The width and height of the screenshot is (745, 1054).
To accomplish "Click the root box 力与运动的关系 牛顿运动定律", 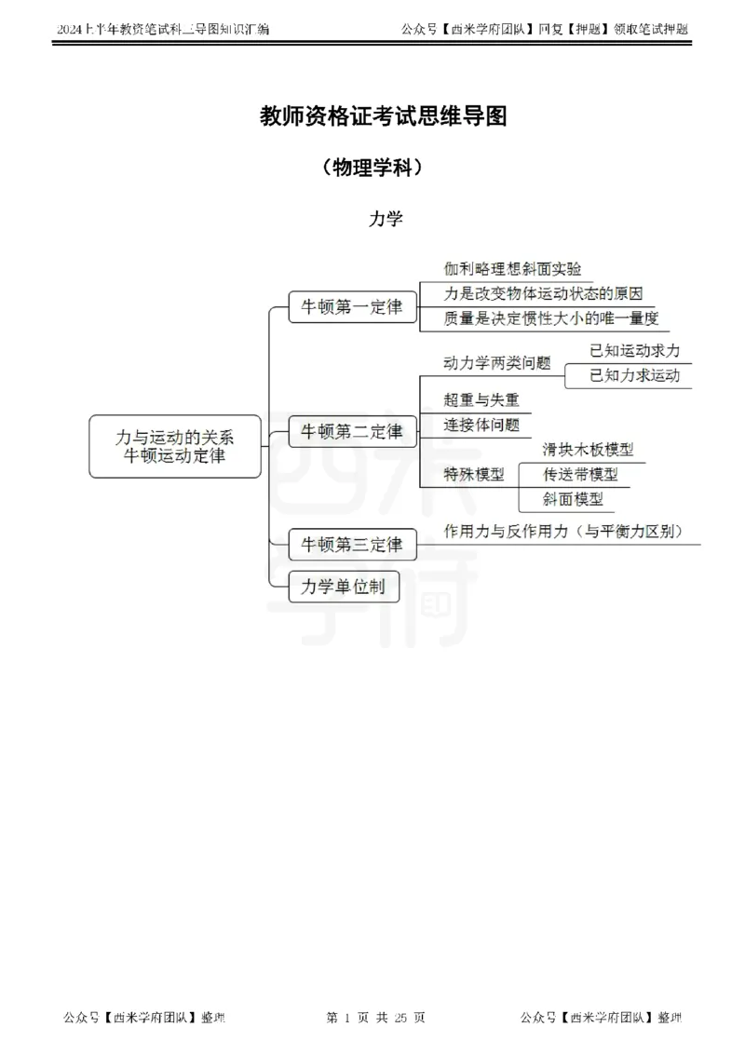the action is tap(175, 446).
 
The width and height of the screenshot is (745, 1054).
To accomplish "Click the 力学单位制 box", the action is tap(344, 587).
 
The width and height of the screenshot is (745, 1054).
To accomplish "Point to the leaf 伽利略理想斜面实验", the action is tap(512, 268).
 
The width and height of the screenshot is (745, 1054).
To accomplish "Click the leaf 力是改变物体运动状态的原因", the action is tap(543, 293).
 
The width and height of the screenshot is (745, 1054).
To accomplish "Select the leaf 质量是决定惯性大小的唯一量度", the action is tap(550, 318).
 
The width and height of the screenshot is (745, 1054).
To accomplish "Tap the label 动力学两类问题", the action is tap(496, 363).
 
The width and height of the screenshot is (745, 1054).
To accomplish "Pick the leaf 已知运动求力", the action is tap(635, 350).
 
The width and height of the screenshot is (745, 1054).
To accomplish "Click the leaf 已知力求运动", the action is tap(635, 375).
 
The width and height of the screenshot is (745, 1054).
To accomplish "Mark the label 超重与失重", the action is tap(481, 399).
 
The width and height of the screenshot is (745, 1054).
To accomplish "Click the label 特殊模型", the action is tap(474, 474).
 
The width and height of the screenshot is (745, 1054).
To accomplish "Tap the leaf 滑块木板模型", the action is tap(588, 449).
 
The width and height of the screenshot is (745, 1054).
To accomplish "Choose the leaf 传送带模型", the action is tap(580, 474).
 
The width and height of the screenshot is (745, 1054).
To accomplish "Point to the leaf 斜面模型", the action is tap(573, 499).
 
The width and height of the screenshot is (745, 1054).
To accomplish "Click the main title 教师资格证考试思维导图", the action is tap(383, 115).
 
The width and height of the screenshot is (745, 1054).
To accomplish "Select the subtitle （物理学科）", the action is tap(372, 168).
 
